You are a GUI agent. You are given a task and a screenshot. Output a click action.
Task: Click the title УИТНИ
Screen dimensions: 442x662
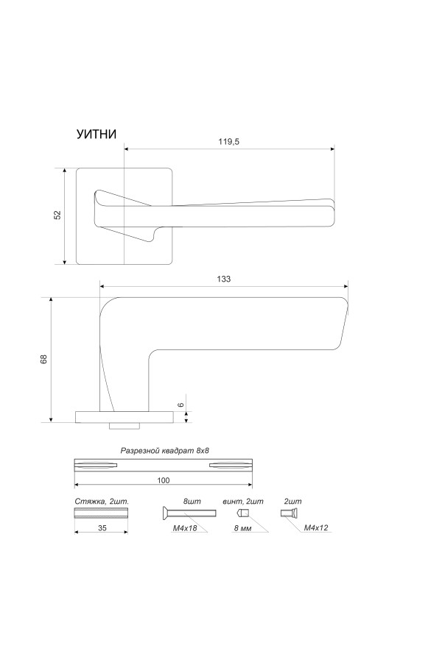click(x=96, y=134)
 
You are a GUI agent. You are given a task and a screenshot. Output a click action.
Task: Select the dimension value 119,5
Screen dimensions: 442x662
click(x=229, y=142)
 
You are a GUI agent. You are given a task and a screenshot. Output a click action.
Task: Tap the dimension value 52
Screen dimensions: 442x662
click(x=57, y=215)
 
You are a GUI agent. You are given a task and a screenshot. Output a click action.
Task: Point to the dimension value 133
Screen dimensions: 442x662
click(x=224, y=279)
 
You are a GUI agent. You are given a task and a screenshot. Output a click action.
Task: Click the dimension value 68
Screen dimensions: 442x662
click(x=43, y=359)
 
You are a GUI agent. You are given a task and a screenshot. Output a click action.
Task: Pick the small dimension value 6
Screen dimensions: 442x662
click(x=180, y=405)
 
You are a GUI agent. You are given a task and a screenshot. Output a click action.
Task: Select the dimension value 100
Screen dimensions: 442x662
click(x=164, y=480)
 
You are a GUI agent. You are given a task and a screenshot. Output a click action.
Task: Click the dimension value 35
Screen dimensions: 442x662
click(x=102, y=527)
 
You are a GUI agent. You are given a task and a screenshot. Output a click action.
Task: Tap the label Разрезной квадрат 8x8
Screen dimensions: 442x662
click(x=165, y=450)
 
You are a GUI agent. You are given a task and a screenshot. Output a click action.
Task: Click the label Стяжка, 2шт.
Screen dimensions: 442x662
click(x=102, y=502)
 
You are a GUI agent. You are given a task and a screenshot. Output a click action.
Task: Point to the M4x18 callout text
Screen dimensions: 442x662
click(x=184, y=527)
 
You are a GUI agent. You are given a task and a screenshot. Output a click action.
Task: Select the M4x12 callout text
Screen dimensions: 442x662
click(x=316, y=527)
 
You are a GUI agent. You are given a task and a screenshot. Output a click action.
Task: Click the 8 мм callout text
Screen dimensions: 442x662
click(x=243, y=527)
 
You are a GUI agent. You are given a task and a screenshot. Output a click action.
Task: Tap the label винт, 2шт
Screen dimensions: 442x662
click(x=243, y=502)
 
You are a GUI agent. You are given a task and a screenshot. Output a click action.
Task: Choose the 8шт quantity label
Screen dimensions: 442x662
click(x=192, y=502)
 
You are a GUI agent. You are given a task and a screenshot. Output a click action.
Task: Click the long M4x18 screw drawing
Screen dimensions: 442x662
click(x=189, y=513)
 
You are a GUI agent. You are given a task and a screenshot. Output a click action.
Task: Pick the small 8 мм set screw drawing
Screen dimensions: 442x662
click(x=243, y=513)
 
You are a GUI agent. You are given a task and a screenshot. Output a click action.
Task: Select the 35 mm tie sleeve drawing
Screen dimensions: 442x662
click(x=101, y=513)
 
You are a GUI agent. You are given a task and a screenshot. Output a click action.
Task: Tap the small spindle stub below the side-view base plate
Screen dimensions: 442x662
click(x=124, y=426)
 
